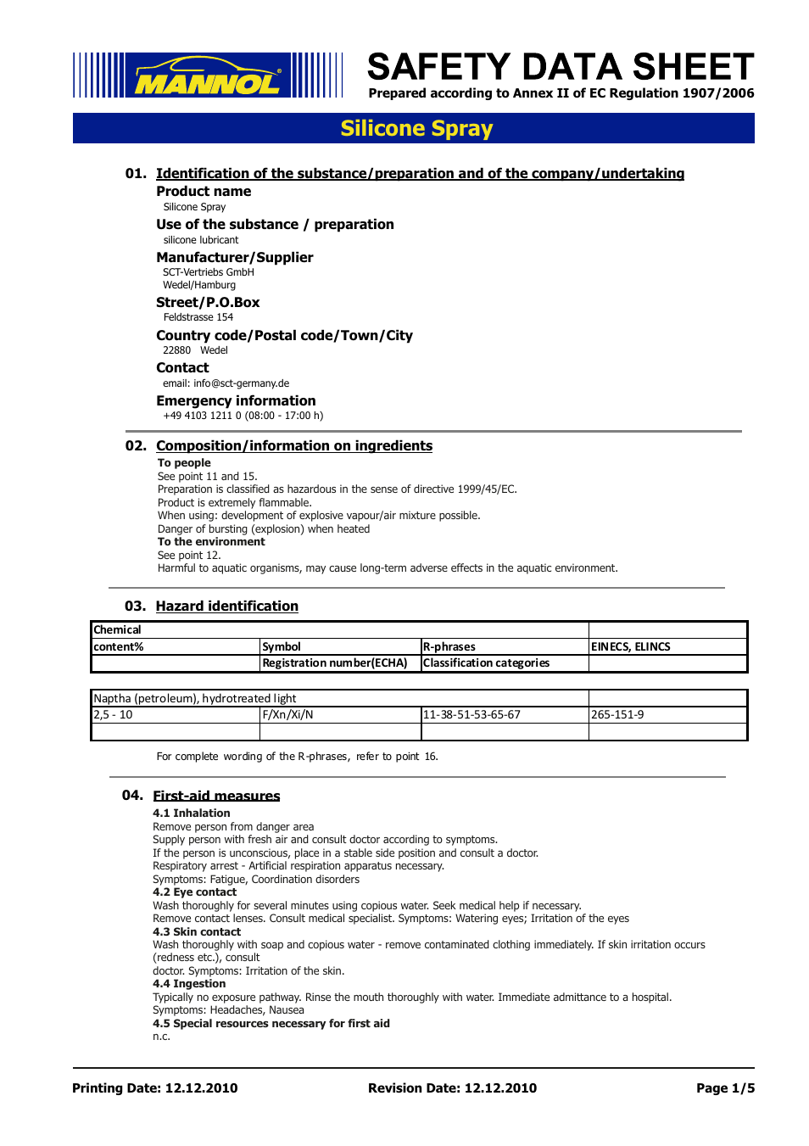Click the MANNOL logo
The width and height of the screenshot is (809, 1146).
[x=208, y=75]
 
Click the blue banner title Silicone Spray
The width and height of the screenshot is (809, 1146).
[x=416, y=128]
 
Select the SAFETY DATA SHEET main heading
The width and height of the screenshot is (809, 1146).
[x=560, y=67]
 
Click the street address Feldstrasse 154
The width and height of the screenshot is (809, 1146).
[x=198, y=317]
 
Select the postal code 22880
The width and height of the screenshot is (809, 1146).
[x=177, y=350]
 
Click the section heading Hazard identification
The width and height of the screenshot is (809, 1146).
[x=226, y=606]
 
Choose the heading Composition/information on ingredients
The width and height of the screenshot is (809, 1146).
[x=293, y=445]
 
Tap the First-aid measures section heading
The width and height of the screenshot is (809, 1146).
[x=216, y=796]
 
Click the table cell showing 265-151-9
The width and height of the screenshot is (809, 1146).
[x=617, y=714]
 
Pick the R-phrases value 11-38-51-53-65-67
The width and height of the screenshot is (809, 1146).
[x=471, y=714]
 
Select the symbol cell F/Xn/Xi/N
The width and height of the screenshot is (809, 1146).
[x=288, y=714]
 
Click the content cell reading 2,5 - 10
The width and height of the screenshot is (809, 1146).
[x=114, y=714]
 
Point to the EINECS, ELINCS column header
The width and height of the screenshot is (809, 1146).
[x=630, y=646]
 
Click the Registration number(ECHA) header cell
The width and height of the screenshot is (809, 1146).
[x=335, y=662]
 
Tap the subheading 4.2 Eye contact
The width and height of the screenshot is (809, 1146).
[x=194, y=892]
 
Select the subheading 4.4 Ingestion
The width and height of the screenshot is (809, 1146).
[x=189, y=984]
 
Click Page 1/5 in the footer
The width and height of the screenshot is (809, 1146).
[x=725, y=1088]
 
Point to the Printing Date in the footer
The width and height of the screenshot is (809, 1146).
[x=155, y=1088]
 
